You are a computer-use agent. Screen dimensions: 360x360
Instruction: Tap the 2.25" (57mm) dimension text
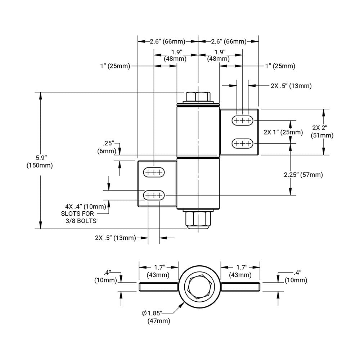coord(303,175)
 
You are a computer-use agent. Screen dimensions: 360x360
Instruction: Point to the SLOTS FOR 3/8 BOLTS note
coord(79,217)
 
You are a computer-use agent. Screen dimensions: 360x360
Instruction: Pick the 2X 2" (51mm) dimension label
coord(322,131)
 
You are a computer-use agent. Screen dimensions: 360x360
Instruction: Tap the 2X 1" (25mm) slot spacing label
coord(283,132)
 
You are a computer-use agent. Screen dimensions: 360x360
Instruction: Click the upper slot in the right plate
coord(242,120)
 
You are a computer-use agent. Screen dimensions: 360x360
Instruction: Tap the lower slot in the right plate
coord(242,144)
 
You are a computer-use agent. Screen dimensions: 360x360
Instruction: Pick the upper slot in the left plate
coord(154,172)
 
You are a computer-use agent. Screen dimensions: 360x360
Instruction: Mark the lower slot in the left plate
coord(154,195)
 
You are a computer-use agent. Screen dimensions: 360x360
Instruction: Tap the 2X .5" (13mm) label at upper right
coord(291,86)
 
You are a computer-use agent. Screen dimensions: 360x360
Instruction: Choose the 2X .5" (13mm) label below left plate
coord(115,238)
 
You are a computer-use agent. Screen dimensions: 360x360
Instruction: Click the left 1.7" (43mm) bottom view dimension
coord(159,271)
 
